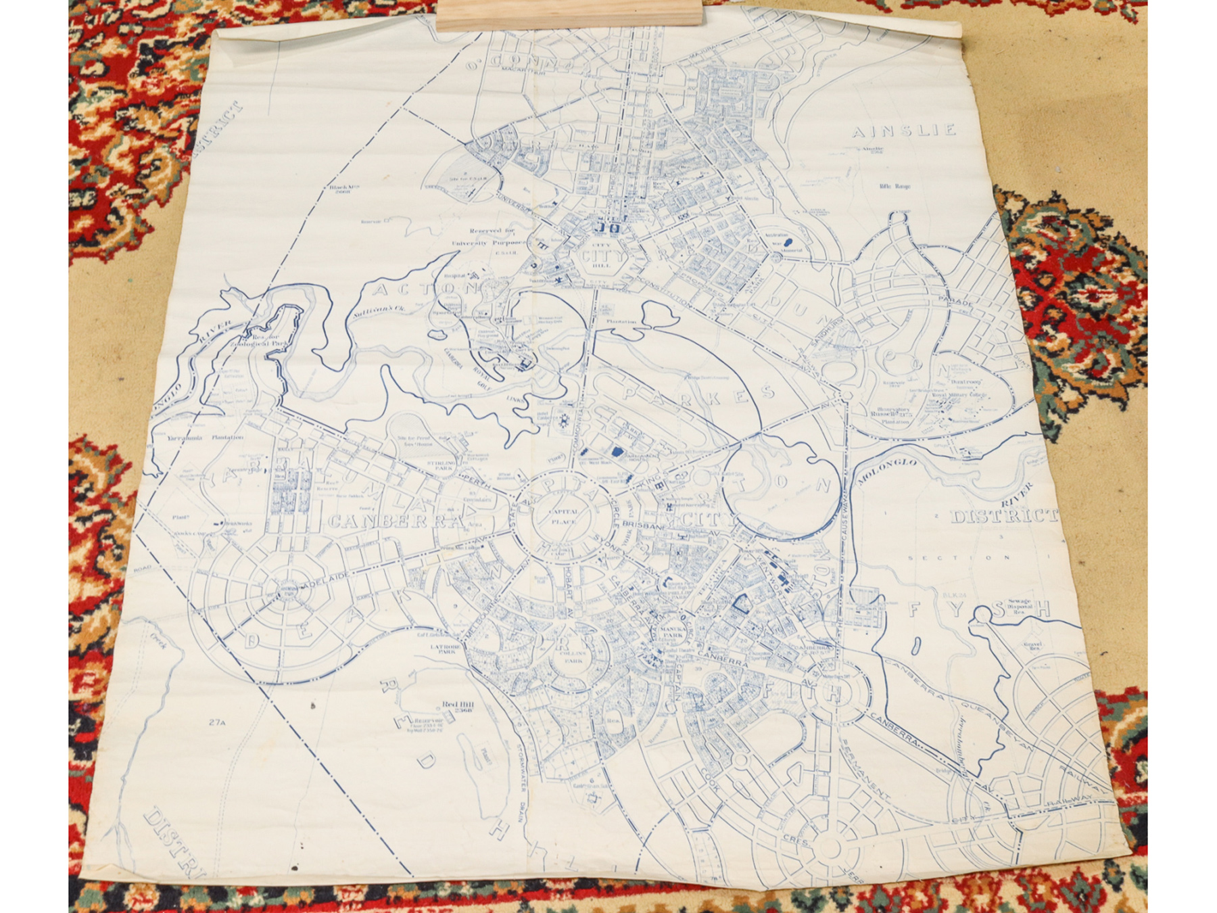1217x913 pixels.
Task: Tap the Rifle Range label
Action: point(894,186)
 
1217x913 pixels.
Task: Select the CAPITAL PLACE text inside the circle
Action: point(563,517)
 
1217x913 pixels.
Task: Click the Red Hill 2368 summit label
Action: point(458,707)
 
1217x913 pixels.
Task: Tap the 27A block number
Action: point(216,722)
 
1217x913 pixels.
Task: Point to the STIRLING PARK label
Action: point(441,465)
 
